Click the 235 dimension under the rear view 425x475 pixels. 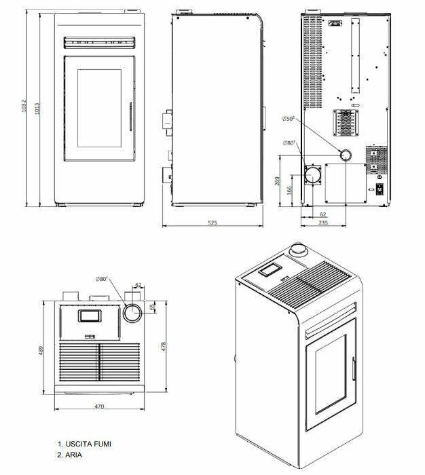pos(323,222)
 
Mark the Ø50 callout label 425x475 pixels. pos(288,119)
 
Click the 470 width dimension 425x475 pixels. pos(99,406)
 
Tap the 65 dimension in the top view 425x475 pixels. pos(152,307)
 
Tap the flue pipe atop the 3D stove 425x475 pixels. pos(297,250)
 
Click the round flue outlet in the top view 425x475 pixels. pos(132,313)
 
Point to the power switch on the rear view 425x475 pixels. pos(380,189)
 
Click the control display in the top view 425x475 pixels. pos(89,316)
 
